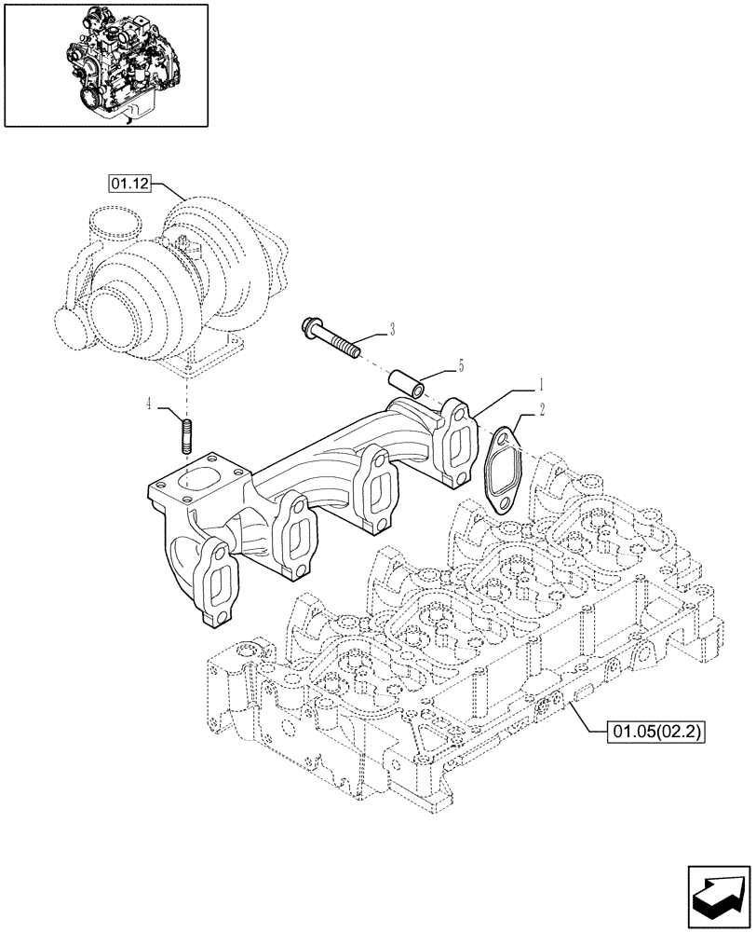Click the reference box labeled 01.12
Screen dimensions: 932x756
coord(128,184)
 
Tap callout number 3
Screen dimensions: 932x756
coord(392,329)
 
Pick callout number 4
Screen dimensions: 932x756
coord(149,404)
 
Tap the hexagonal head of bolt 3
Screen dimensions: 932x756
coord(309,328)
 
